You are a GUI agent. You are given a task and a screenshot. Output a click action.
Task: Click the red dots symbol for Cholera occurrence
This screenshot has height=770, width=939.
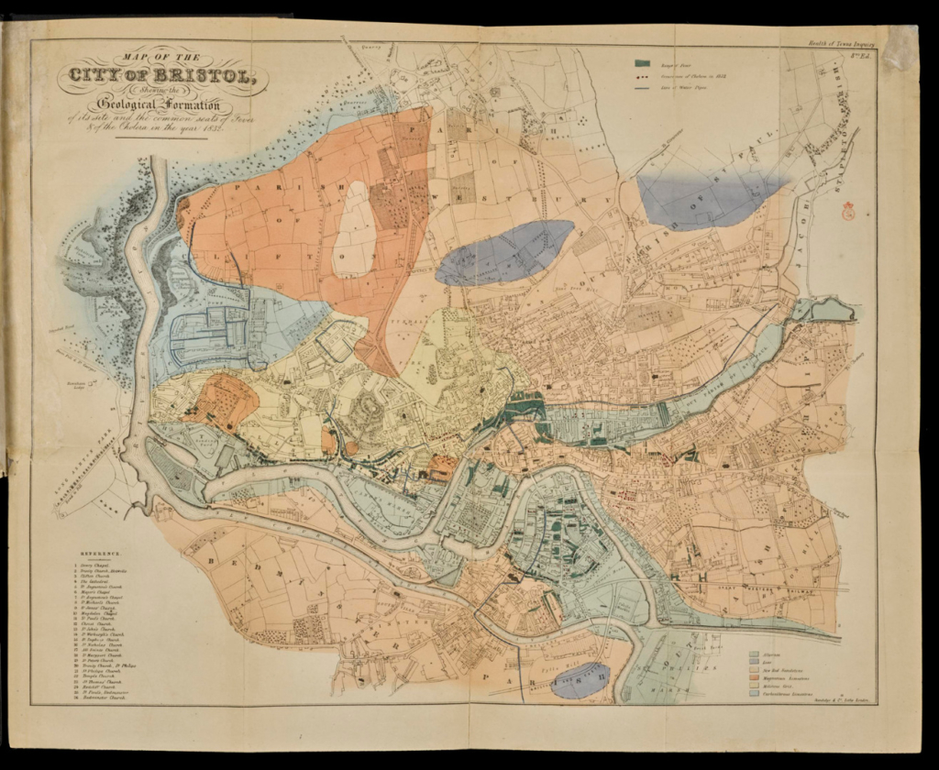646,77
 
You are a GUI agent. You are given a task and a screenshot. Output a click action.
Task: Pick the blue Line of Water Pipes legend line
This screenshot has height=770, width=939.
646,90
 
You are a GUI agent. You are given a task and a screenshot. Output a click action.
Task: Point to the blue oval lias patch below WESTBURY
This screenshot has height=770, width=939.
504,252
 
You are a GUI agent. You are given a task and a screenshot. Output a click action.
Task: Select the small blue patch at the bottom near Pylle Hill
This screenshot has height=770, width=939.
581,680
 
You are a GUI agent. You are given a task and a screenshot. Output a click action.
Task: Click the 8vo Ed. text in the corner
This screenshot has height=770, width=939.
862,58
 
